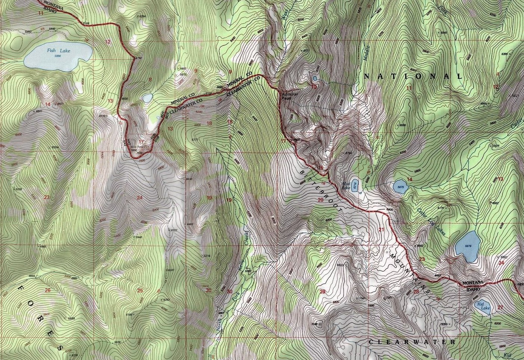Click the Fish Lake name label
[x=58, y=51]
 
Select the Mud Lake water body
[x=355, y=184]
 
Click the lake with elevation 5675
[x=400, y=187]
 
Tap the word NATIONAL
[x=413, y=76]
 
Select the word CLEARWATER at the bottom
[x=412, y=342]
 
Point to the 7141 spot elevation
[x=361, y=298]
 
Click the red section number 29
[x=322, y=292]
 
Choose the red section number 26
[x=47, y=290]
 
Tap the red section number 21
[x=381, y=230]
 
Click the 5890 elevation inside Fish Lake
[x=57, y=56]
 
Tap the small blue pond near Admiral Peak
[x=315, y=78]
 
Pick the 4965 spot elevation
[x=43, y=246]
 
